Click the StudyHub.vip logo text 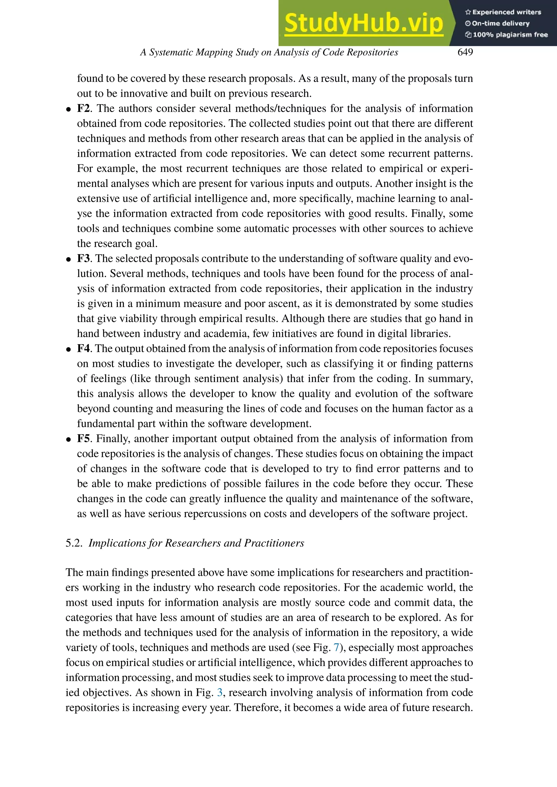364,23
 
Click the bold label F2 83,109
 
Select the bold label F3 83,259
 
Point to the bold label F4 83,348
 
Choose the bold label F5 83,439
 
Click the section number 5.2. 74,543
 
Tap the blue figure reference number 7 336,648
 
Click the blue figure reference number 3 220,693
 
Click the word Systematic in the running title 171,52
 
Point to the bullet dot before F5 69,439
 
